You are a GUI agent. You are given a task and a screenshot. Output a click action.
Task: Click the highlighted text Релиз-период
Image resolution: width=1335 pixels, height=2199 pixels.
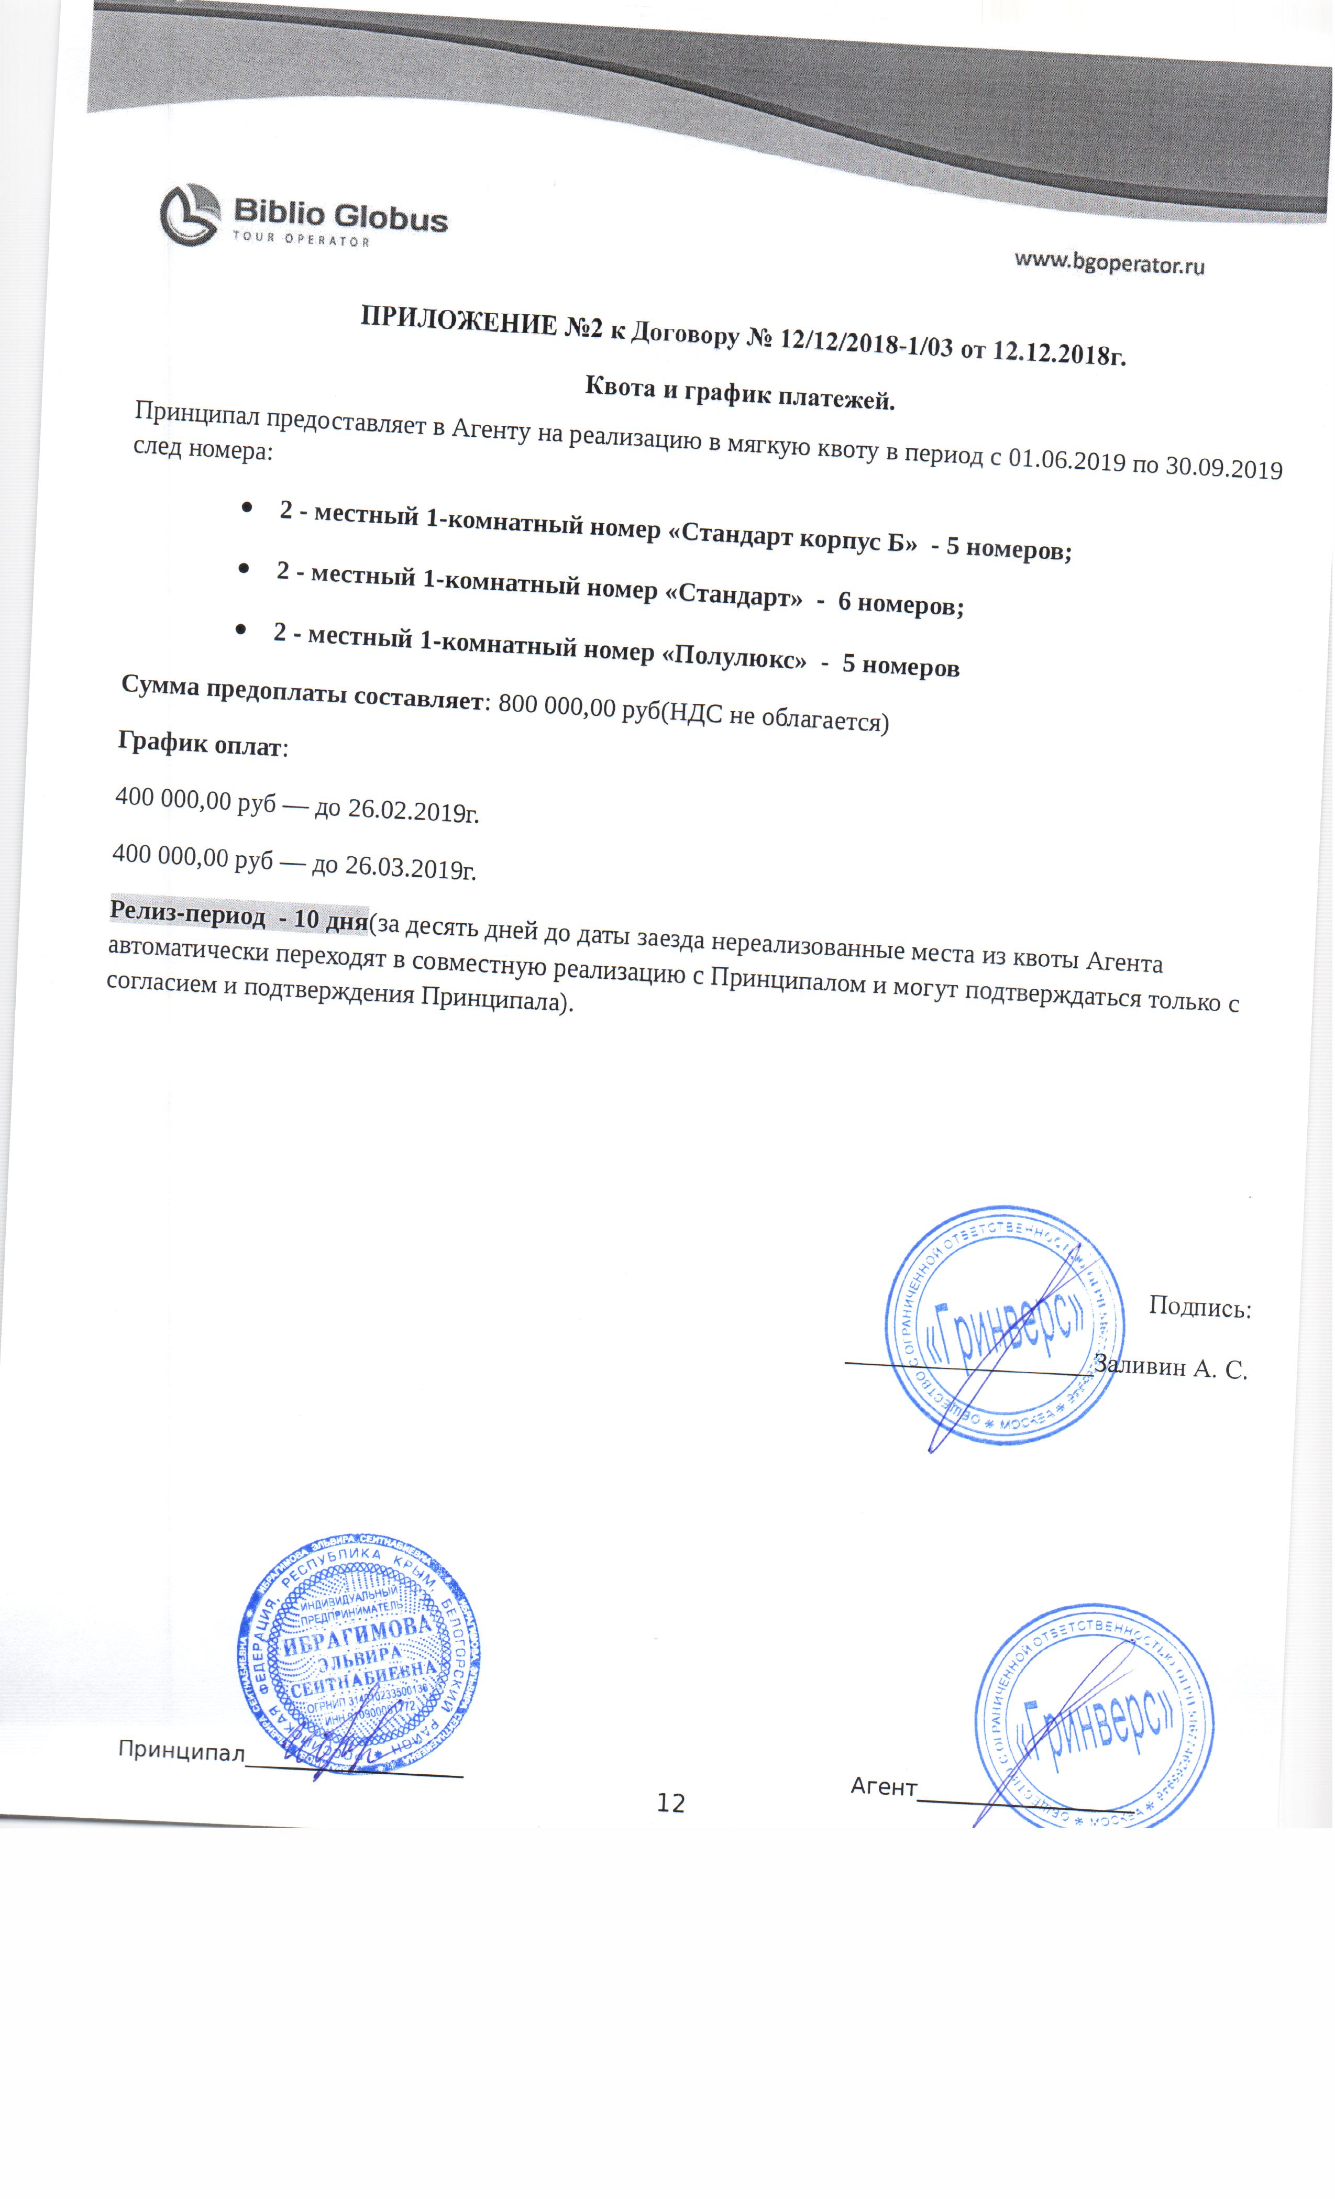click(x=187, y=915)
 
